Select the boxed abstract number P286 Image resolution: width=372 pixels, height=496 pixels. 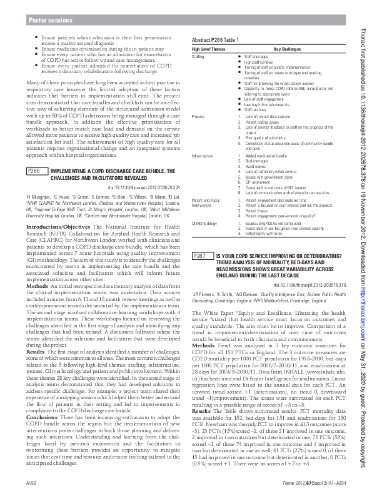34,154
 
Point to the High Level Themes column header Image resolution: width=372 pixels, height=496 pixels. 208,49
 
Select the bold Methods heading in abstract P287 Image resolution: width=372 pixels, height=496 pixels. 203,345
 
